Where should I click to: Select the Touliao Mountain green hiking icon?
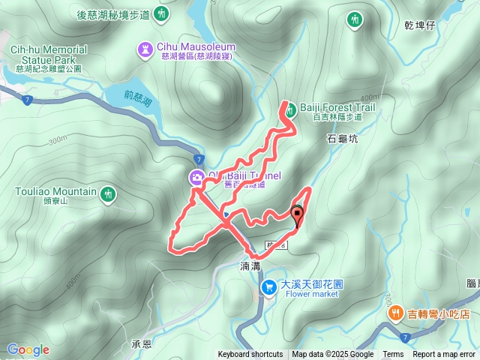tap(108, 194)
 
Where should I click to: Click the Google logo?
tap(28, 349)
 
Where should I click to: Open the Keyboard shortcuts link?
tap(250, 355)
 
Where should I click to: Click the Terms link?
tap(393, 355)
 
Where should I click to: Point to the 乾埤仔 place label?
tap(419, 25)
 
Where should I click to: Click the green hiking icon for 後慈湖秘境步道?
tap(162, 13)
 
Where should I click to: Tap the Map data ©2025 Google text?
tap(332, 355)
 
